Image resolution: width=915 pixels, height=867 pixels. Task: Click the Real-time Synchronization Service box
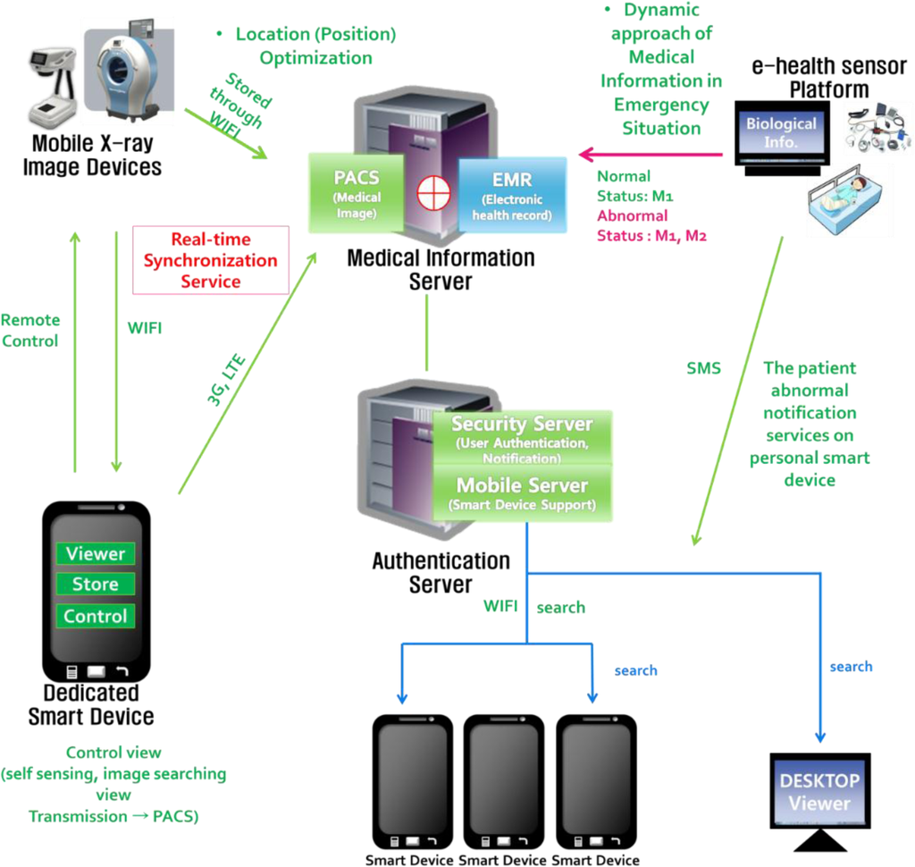(x=211, y=260)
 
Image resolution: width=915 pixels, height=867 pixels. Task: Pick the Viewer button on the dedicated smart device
(x=96, y=554)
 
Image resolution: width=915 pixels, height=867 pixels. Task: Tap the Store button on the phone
(x=96, y=585)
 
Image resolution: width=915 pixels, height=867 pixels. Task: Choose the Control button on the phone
(x=96, y=616)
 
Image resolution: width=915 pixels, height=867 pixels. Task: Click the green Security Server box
(x=522, y=437)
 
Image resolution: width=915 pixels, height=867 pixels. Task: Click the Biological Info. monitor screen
(x=781, y=133)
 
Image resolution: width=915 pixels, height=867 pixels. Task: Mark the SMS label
(x=703, y=368)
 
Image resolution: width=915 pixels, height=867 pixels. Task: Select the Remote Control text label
(x=30, y=330)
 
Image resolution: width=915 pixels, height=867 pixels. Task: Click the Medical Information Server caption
(x=441, y=269)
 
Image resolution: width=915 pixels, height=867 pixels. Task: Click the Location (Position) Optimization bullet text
(x=304, y=46)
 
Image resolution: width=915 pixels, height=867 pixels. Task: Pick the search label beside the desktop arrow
(x=851, y=667)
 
